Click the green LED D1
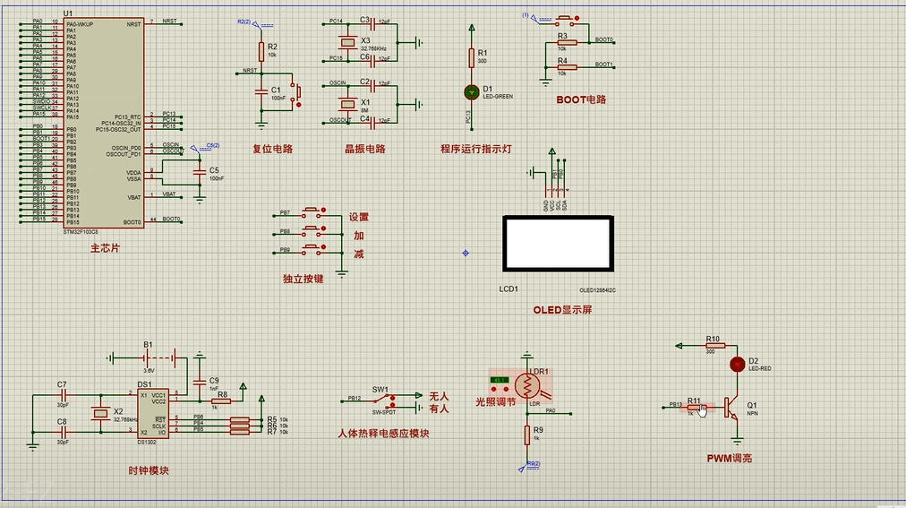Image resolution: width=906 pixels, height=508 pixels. click(x=472, y=91)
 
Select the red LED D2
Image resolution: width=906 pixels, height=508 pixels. click(x=737, y=364)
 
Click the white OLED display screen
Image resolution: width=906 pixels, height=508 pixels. click(x=558, y=242)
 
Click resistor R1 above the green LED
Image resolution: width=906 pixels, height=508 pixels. click(x=472, y=57)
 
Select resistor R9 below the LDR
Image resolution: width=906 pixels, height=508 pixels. click(x=526, y=435)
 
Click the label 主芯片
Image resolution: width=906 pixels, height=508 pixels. click(x=105, y=248)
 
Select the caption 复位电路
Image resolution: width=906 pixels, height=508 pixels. click(x=272, y=149)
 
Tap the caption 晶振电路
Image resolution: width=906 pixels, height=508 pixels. click(x=365, y=149)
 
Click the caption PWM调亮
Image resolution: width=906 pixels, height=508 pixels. click(x=729, y=458)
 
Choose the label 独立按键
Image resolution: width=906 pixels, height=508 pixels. click(x=303, y=280)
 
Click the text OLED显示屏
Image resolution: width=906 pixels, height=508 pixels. click(x=562, y=310)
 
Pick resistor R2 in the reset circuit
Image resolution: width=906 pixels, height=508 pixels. click(x=261, y=50)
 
